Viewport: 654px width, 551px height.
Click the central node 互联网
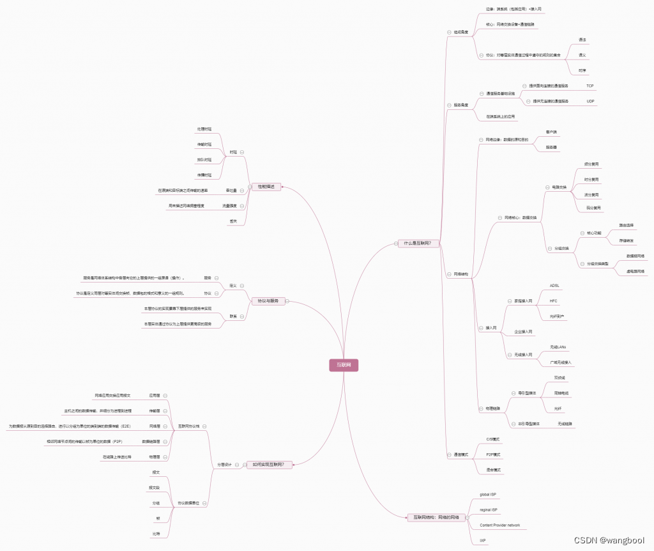pyautogui.click(x=344, y=366)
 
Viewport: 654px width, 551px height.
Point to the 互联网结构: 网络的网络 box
pyautogui.click(x=436, y=517)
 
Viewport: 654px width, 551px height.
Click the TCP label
pyautogui.click(x=589, y=85)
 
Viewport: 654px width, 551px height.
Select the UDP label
pyautogui.click(x=589, y=101)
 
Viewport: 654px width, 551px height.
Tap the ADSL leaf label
pyautogui.click(x=554, y=285)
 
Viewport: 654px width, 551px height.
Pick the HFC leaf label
pyautogui.click(x=553, y=300)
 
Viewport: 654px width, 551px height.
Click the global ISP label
pyautogui.click(x=488, y=495)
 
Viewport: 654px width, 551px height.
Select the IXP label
pyautogui.click(x=483, y=541)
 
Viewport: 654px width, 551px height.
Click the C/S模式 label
pyautogui.click(x=493, y=439)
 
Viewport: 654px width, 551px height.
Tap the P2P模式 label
pyautogui.click(x=493, y=454)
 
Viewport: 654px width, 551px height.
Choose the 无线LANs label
pyautogui.click(x=558, y=347)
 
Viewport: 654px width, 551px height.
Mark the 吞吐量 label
pyautogui.click(x=231, y=190)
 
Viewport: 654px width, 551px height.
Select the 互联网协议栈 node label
pyautogui.click(x=188, y=426)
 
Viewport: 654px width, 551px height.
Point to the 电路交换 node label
pyautogui.click(x=559, y=187)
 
